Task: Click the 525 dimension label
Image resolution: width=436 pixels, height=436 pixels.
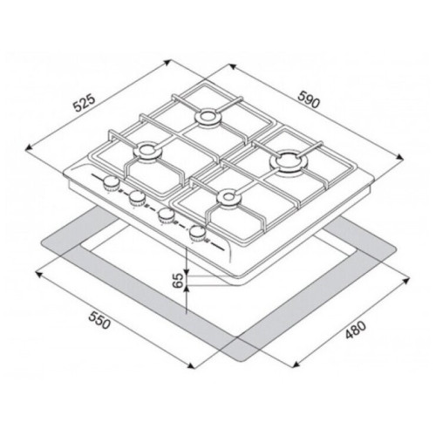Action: (x=84, y=103)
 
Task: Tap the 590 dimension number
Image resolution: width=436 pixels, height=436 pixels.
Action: (x=310, y=99)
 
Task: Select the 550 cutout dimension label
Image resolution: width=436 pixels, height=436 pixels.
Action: (x=99, y=320)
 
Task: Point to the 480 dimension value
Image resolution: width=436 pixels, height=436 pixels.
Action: (x=355, y=330)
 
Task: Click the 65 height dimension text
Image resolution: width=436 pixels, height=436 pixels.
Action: (x=179, y=280)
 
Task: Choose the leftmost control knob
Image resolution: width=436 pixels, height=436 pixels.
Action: (x=111, y=182)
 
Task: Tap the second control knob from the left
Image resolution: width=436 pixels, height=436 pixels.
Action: (x=137, y=198)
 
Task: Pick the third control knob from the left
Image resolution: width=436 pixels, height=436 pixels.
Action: (x=167, y=216)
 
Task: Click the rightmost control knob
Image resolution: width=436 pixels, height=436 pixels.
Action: (x=198, y=233)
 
